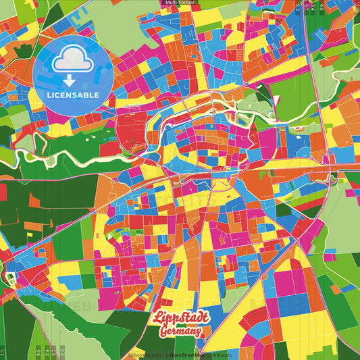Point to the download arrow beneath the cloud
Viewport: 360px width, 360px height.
tap(70, 80)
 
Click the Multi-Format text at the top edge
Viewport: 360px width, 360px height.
tap(180, 3)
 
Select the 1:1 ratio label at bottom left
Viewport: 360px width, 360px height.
tap(3, 352)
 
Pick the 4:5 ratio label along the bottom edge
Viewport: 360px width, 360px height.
tap(37, 352)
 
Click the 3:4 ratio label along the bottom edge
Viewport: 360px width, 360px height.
tap(45, 352)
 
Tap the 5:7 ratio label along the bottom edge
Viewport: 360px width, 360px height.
tap(54, 352)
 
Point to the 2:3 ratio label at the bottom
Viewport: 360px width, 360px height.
tap(63, 352)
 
